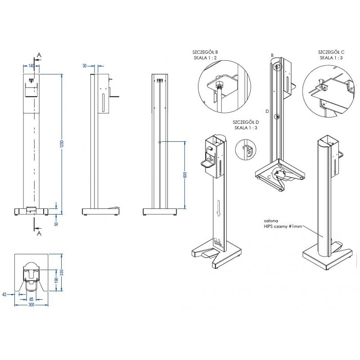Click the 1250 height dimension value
63,144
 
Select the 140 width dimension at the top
31,66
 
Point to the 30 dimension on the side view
85,66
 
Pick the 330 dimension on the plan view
63,272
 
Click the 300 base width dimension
31,305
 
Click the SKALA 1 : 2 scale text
205,58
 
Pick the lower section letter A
39,234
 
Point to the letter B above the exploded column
272,55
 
